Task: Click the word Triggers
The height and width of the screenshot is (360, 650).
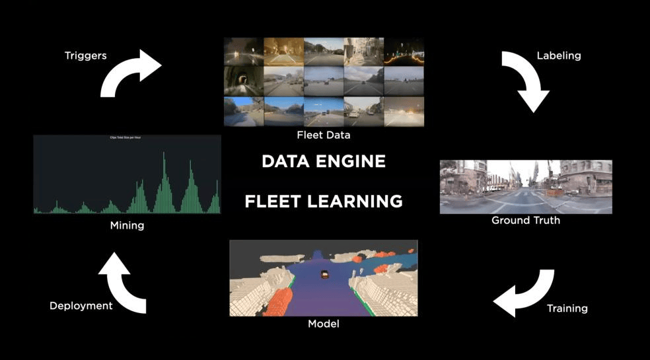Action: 85,56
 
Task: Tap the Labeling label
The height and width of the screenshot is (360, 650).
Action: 559,55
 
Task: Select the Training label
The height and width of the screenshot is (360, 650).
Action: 567,308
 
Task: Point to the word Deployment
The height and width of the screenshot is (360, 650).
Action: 81,306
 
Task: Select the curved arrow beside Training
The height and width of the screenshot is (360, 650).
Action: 524,293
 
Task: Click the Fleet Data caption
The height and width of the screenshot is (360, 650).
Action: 323,135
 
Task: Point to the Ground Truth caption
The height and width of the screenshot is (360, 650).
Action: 526,220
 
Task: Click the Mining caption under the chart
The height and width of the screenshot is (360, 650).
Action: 127,225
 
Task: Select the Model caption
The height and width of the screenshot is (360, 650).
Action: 324,324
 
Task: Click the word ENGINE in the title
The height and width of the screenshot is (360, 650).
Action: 353,162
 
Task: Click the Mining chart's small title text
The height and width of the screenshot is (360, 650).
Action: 126,137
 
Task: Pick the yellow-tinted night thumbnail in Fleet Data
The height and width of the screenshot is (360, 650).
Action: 283,50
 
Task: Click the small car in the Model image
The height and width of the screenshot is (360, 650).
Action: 324,274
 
